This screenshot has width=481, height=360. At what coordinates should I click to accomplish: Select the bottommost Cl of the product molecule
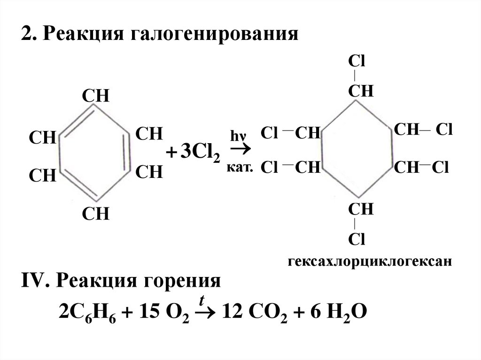click(357, 239)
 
